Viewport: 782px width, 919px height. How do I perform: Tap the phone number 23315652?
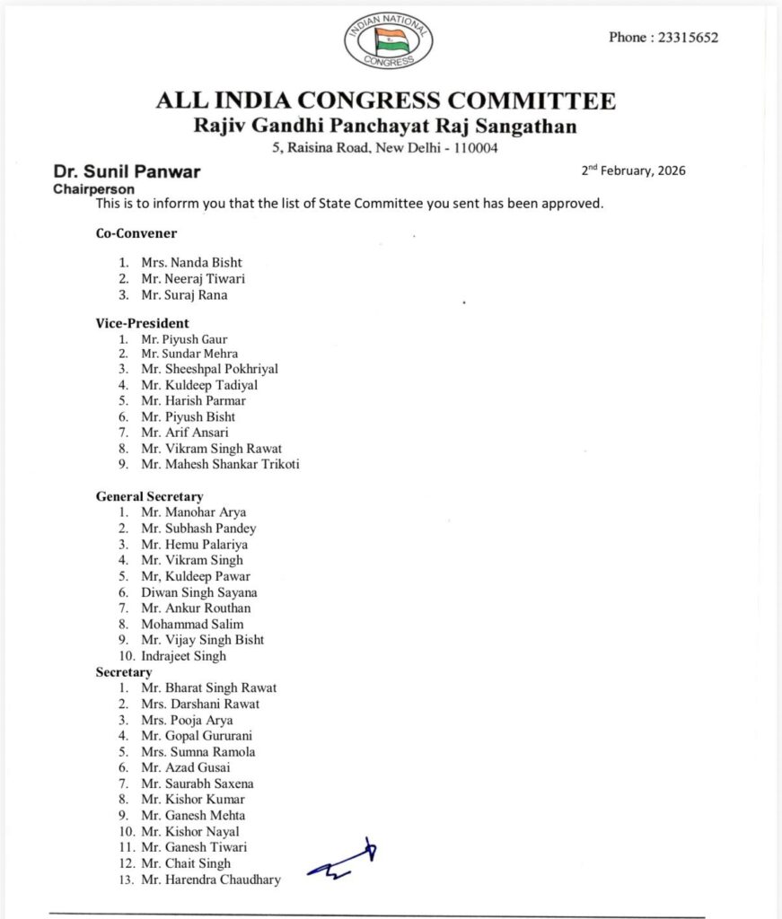663,38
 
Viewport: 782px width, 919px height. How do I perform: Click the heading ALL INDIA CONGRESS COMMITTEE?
386,101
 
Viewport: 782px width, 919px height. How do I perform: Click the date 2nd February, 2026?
633,171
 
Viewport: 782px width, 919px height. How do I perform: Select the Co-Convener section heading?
136,233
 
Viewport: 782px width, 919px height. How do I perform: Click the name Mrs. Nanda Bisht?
191,263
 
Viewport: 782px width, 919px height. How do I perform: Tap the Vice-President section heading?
143,323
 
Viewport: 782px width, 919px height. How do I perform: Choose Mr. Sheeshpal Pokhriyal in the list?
209,369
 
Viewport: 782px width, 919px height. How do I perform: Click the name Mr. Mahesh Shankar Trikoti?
220,464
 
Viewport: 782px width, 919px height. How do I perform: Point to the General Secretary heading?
150,496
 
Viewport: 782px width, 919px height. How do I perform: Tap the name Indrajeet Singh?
183,656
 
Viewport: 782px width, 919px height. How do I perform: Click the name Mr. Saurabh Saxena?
198,783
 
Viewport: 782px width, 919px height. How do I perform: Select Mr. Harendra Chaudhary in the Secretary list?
210,880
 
